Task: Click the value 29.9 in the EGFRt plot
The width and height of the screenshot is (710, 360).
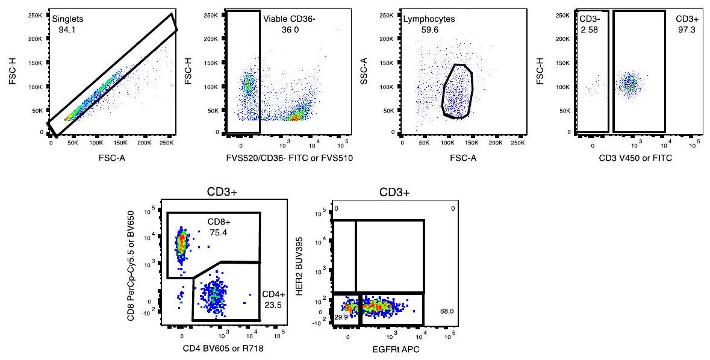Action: point(341,317)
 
